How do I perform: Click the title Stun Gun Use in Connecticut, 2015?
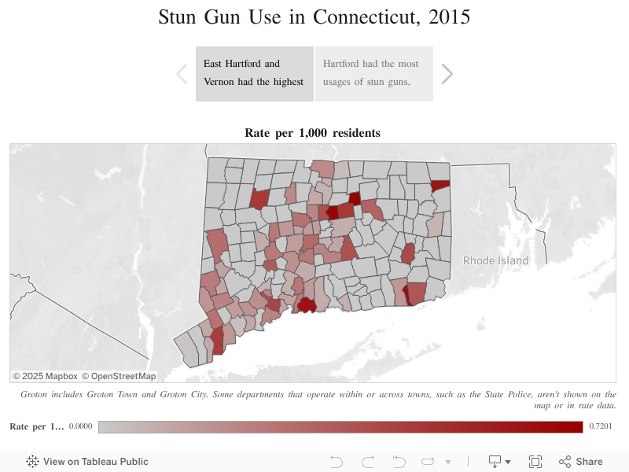[x=314, y=17]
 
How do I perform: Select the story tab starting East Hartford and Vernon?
[x=254, y=73]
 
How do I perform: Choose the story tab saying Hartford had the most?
[x=373, y=73]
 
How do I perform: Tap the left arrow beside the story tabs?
[x=182, y=74]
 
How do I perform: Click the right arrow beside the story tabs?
[x=447, y=74]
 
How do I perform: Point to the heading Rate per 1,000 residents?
[x=313, y=133]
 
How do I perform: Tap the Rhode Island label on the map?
[x=495, y=260]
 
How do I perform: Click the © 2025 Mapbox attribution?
[x=45, y=376]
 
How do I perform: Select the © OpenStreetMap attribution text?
[x=119, y=376]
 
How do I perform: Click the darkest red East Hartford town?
[x=333, y=212]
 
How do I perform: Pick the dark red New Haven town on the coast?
[x=306, y=304]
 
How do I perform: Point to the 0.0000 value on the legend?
[x=80, y=426]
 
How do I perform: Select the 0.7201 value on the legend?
[x=600, y=426]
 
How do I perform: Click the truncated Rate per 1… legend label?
[x=36, y=426]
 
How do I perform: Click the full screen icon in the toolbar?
[x=535, y=462]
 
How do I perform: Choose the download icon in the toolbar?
[x=499, y=462]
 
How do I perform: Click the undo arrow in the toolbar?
[x=337, y=462]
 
